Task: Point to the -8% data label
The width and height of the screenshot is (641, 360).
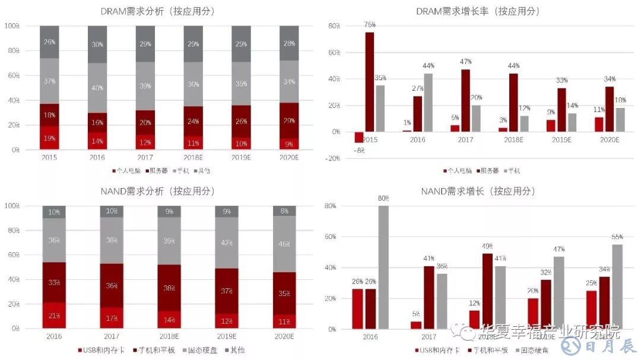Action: coord(358,151)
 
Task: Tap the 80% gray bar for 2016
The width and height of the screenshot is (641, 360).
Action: coord(383,267)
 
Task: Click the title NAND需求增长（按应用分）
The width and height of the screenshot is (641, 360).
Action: coord(478,191)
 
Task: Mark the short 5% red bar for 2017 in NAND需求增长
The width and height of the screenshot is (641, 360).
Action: coord(416,325)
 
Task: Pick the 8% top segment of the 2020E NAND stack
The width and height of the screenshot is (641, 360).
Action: coord(284,211)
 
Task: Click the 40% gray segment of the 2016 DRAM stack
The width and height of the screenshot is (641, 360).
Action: coord(97,88)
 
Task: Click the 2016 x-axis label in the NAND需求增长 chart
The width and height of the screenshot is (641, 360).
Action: coord(370,337)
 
